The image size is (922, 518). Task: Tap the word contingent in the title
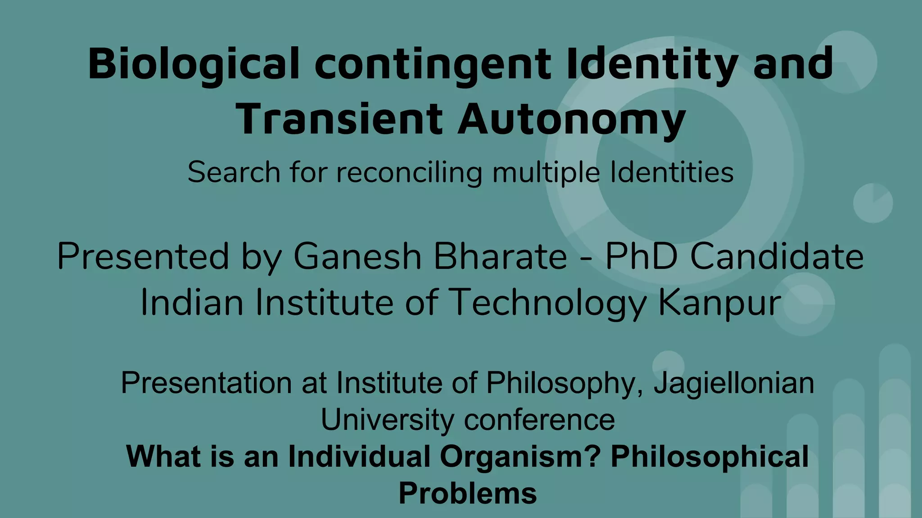433,64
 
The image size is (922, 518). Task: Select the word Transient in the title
339,119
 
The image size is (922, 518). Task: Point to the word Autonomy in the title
572,120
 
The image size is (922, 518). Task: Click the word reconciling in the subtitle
409,173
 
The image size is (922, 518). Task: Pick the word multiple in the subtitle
546,173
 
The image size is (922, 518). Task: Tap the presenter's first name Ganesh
357,256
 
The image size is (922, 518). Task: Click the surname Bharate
500,256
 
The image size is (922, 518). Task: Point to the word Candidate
777,256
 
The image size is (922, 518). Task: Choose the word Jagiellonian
734,384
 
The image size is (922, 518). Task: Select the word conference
539,420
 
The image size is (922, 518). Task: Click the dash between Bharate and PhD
586,258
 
